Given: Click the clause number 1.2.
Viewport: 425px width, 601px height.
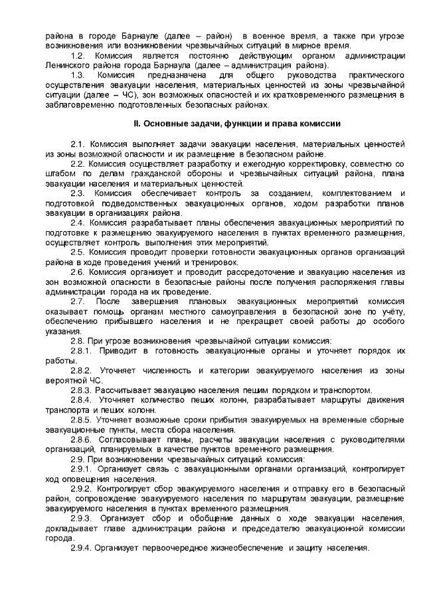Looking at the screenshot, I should point(78,54).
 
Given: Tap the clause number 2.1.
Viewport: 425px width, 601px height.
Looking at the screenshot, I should point(78,144).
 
